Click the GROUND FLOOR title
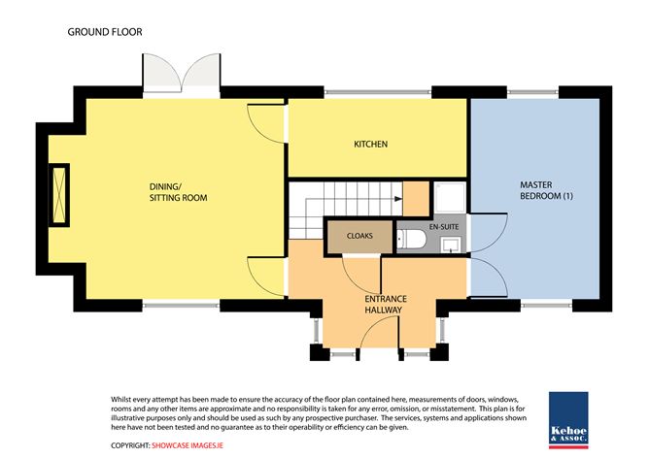[x=105, y=32]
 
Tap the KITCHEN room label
[x=370, y=144]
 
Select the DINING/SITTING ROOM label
[x=178, y=192]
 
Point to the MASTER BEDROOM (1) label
[x=546, y=190]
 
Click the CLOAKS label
[x=359, y=236]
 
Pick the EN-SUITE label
[x=444, y=226]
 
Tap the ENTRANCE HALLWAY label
[x=386, y=305]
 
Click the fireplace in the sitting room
[x=59, y=195]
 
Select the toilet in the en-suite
[x=411, y=240]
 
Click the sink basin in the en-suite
[x=450, y=245]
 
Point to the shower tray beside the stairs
[x=450, y=198]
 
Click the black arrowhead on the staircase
[x=398, y=199]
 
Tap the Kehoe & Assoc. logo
[x=568, y=420]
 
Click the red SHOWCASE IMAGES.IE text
[x=188, y=445]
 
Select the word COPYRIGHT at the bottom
[x=130, y=445]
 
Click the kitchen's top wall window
[x=378, y=92]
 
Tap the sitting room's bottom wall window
[x=181, y=306]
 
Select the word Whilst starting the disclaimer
[x=120, y=400]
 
